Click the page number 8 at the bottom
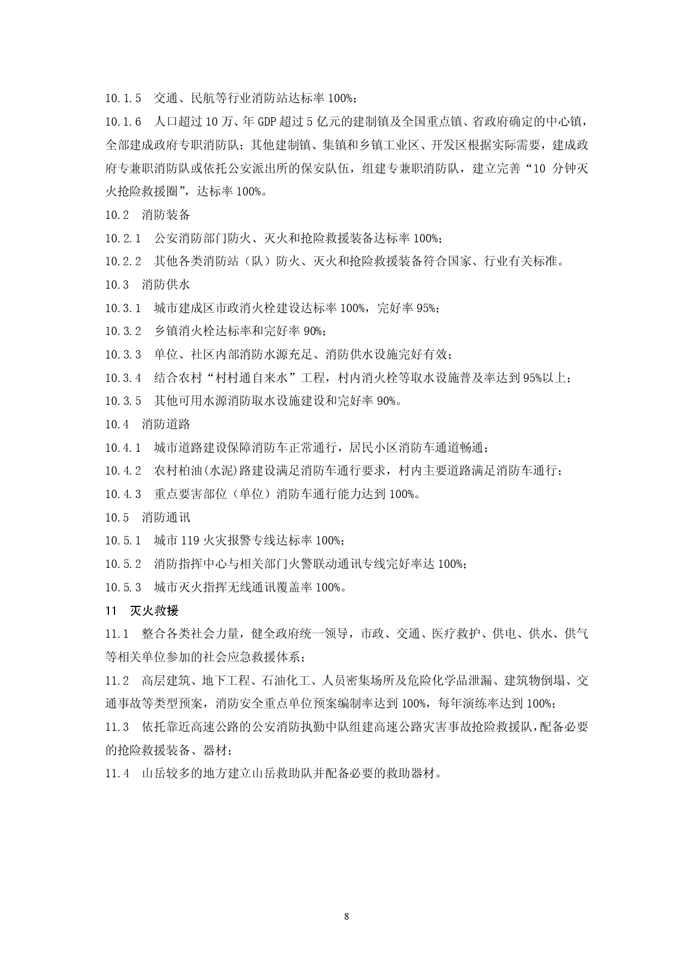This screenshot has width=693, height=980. [347, 916]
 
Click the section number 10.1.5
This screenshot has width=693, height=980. [123, 99]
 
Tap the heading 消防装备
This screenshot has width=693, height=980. [166, 215]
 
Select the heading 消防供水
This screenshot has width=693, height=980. [166, 285]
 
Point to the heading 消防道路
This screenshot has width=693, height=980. [166, 424]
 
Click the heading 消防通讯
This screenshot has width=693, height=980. [166, 518]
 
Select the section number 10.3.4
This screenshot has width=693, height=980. [123, 378]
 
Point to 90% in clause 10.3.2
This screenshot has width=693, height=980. [313, 331]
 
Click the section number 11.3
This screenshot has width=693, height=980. [117, 727]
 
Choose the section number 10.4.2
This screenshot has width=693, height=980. [123, 471]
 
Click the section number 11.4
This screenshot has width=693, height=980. [117, 774]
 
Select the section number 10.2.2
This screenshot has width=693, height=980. [123, 261]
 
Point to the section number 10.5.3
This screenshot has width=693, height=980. [123, 587]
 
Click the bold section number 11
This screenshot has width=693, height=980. [110, 611]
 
